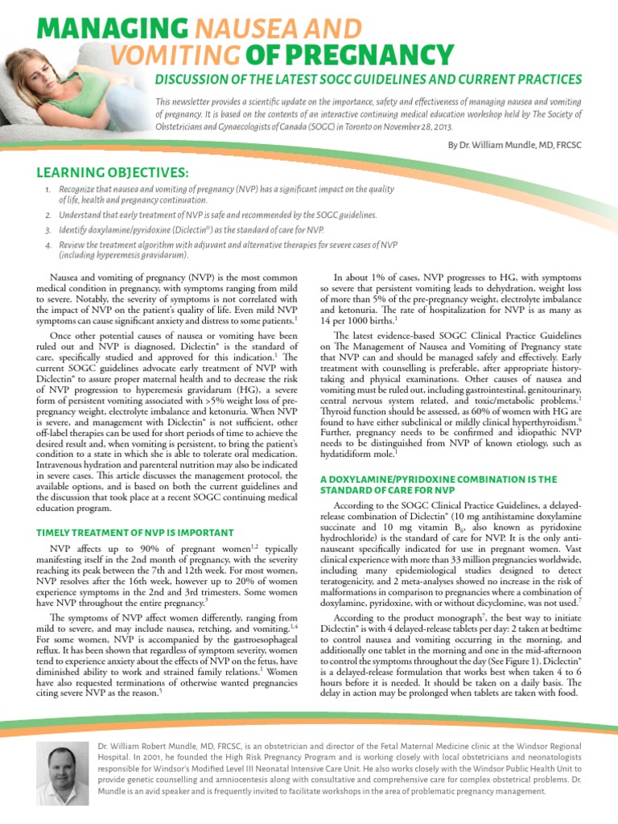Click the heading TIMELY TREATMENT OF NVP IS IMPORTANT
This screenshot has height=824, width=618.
(x=136, y=532)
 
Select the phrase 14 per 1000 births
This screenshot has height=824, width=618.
(x=359, y=318)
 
